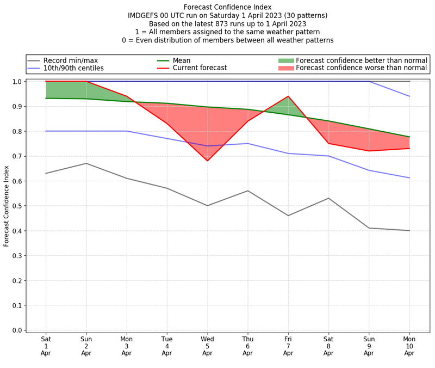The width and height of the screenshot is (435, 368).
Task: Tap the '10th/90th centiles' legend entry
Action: pyautogui.click(x=73, y=69)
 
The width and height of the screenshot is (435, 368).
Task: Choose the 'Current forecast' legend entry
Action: pyautogui.click(x=200, y=69)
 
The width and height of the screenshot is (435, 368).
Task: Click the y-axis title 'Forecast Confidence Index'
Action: pyautogui.click(x=7, y=206)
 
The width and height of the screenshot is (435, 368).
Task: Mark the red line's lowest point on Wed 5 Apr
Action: pyautogui.click(x=207, y=161)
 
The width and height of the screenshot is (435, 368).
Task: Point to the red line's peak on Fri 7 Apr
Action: pyautogui.click(x=288, y=96)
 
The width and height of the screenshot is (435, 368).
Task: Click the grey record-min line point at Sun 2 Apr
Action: pyautogui.click(x=86, y=163)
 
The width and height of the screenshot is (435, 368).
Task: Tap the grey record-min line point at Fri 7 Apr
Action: pyautogui.click(x=288, y=216)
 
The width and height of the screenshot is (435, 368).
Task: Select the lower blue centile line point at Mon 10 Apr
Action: pyautogui.click(x=409, y=178)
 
